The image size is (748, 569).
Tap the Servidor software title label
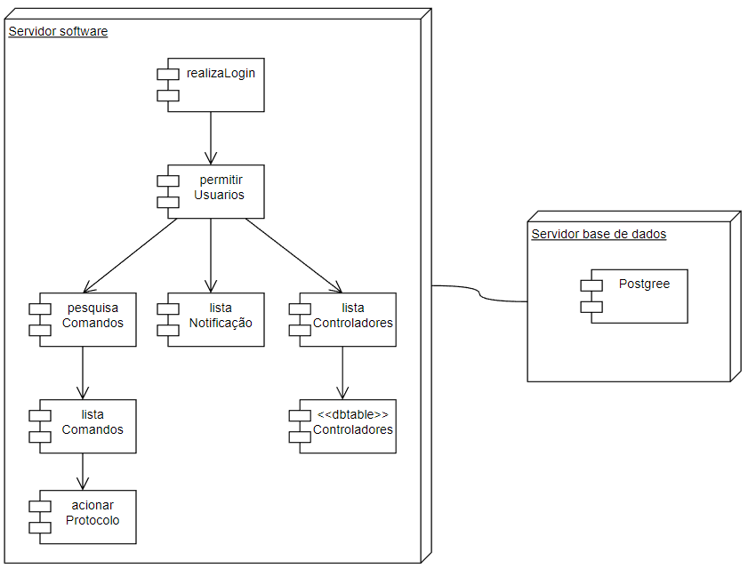pyautogui.click(x=58, y=32)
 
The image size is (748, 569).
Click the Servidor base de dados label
pyautogui.click(x=599, y=235)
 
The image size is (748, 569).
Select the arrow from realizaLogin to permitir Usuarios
pyautogui.click(x=211, y=138)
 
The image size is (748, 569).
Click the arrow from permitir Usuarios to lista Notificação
pyautogui.click(x=211, y=255)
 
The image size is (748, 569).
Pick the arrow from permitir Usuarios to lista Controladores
pyautogui.click(x=294, y=255)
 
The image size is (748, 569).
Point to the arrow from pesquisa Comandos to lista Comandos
pyautogui.click(x=83, y=373)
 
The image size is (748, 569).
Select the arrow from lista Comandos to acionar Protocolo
pyautogui.click(x=83, y=471)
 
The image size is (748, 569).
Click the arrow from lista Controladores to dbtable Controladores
pyautogui.click(x=342, y=373)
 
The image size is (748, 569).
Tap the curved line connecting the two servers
pyautogui.click(x=480, y=293)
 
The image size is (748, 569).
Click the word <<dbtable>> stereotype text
pyautogui.click(x=353, y=415)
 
